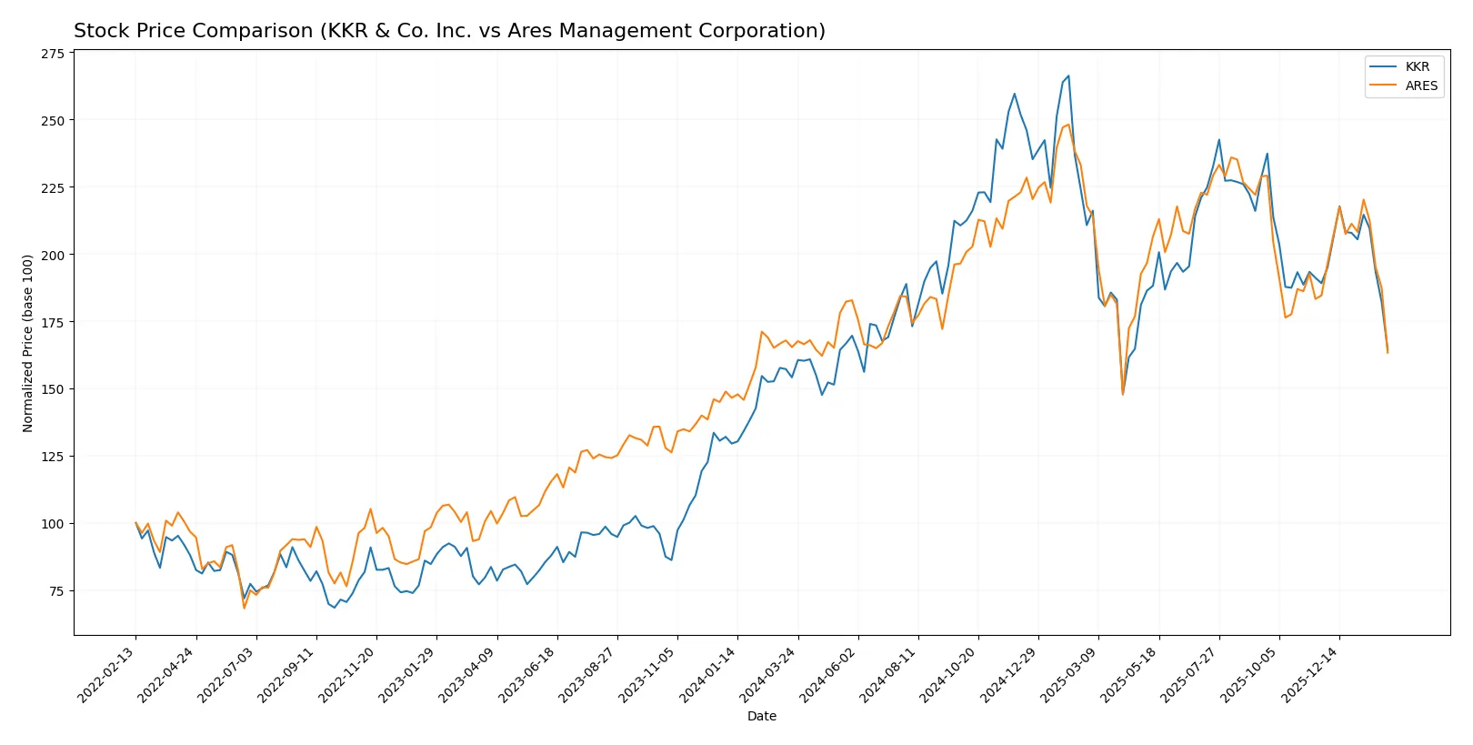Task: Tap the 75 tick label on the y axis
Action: [56, 591]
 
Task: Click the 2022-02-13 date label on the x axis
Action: [107, 674]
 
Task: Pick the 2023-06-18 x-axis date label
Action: [528, 674]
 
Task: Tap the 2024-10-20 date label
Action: [949, 674]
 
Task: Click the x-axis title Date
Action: [762, 716]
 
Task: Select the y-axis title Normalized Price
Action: [28, 343]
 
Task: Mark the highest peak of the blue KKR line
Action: [1068, 76]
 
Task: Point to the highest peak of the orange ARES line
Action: [1068, 125]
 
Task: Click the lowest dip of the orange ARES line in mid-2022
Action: [244, 608]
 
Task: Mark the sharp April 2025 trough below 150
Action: [1123, 394]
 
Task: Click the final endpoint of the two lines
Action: [1388, 352]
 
